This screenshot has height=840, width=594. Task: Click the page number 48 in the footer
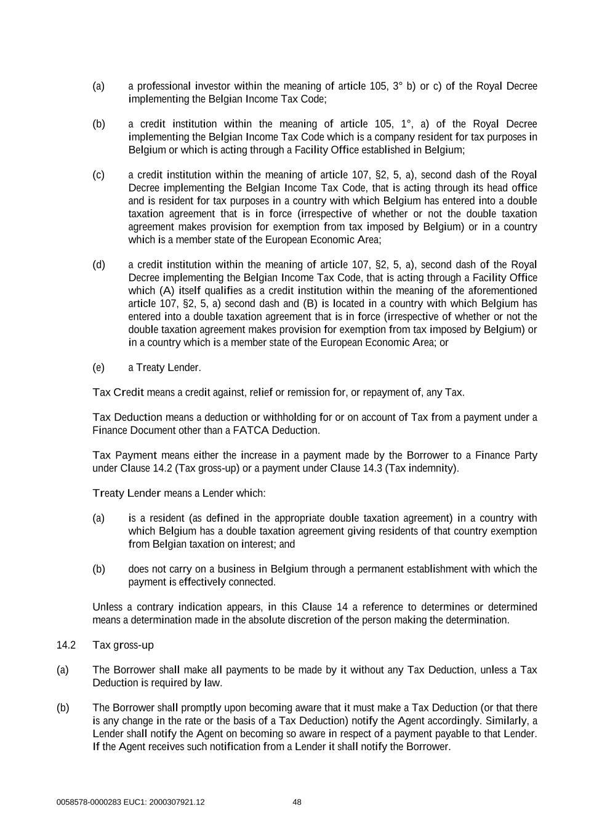pyautogui.click(x=297, y=802)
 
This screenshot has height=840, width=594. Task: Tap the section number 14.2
pyautogui.click(x=66, y=645)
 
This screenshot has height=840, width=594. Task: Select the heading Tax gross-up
pyautogui.click(x=123, y=645)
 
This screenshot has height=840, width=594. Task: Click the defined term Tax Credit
pyautogui.click(x=118, y=392)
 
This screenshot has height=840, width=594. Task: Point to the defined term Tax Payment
pyautogui.click(x=125, y=455)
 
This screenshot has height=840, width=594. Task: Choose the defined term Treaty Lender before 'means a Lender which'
pyautogui.click(x=126, y=493)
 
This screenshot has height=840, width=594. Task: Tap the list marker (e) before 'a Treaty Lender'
pyautogui.click(x=98, y=367)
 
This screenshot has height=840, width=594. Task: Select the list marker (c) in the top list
pyautogui.click(x=98, y=175)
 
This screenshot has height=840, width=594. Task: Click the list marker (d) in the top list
pyautogui.click(x=98, y=265)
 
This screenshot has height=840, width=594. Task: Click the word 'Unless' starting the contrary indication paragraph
pyautogui.click(x=107, y=607)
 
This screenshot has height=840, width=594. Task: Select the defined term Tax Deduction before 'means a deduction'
pyautogui.click(x=127, y=417)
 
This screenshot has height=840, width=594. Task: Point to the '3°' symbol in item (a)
pyautogui.click(x=397, y=86)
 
